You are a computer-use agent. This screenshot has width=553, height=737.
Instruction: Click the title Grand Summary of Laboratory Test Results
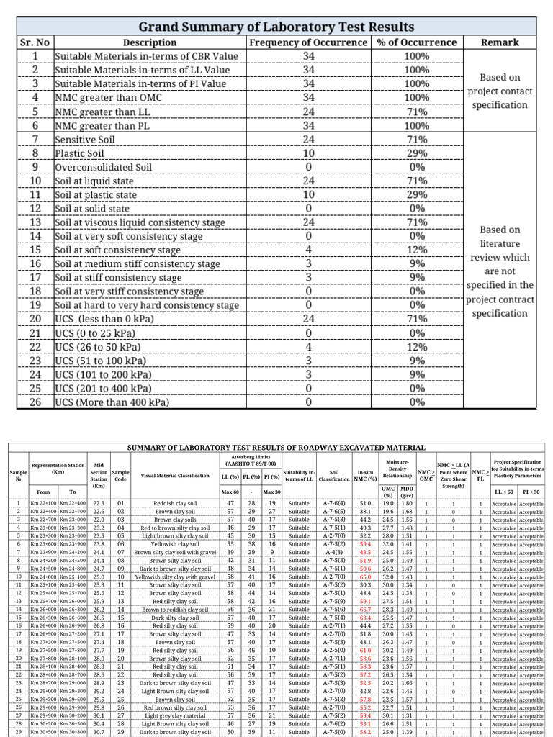tap(276, 26)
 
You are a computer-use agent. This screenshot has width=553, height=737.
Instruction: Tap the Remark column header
tap(500, 42)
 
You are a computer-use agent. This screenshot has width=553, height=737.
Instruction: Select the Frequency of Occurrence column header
tap(308, 42)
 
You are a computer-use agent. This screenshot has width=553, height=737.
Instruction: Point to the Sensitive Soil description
tap(87, 139)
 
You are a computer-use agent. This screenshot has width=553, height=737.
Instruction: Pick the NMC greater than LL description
tap(106, 112)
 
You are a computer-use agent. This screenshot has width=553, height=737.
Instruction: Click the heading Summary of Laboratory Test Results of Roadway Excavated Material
tap(276, 448)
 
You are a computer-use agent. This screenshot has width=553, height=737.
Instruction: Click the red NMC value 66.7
tap(366, 609)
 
